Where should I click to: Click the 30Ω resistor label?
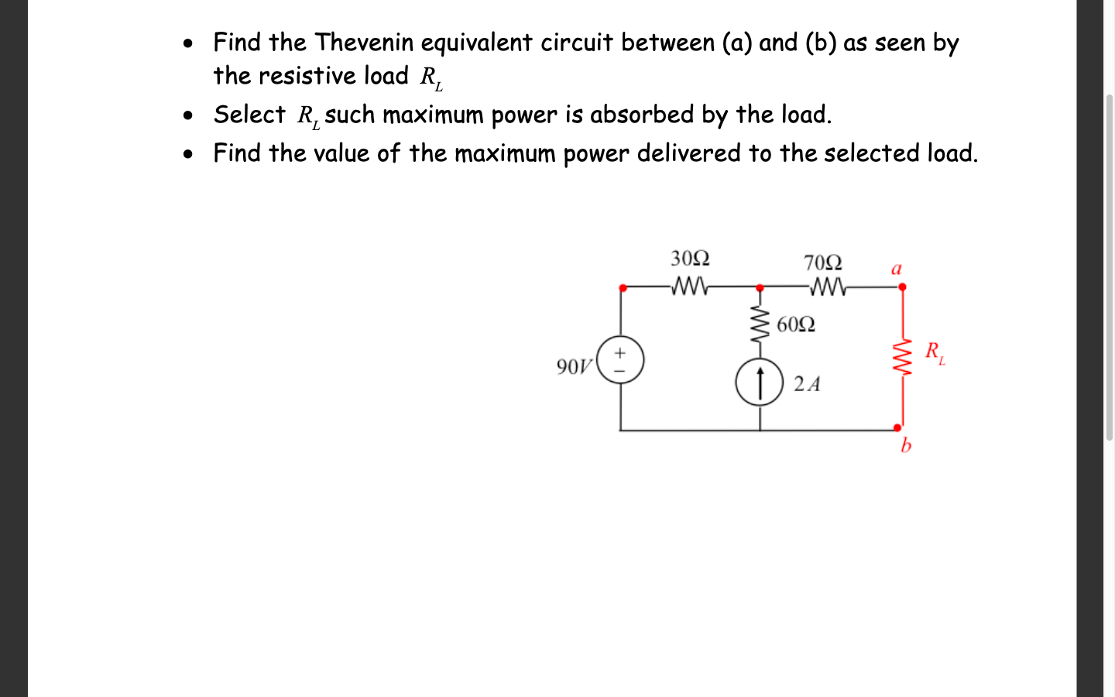690,258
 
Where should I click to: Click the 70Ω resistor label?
822,263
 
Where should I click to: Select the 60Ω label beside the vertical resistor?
795,324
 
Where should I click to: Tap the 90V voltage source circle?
620,360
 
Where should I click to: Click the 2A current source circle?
760,383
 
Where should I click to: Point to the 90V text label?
574,366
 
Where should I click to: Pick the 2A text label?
807,384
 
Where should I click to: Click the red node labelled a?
902,287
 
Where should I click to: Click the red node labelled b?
898,427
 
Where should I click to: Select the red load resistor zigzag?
902,359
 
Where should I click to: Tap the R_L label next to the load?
935,352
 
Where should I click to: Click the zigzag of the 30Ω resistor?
688,287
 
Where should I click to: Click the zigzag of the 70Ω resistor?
828,288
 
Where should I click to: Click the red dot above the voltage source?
623,288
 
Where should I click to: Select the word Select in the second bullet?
249,115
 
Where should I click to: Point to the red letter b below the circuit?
905,445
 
